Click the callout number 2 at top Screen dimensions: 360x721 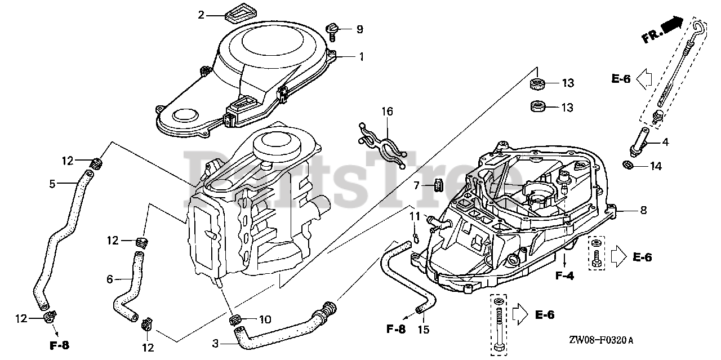(201, 15)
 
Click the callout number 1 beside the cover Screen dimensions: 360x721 (361, 56)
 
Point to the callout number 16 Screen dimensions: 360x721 (386, 112)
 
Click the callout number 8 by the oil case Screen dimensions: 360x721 (643, 210)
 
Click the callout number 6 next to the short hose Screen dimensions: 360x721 (110, 278)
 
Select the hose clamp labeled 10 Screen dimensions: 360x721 (237, 321)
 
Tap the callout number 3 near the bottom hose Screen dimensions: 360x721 (216, 343)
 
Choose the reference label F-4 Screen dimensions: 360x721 (564, 276)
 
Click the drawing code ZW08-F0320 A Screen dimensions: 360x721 (600, 340)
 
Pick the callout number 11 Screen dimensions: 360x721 (415, 216)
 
